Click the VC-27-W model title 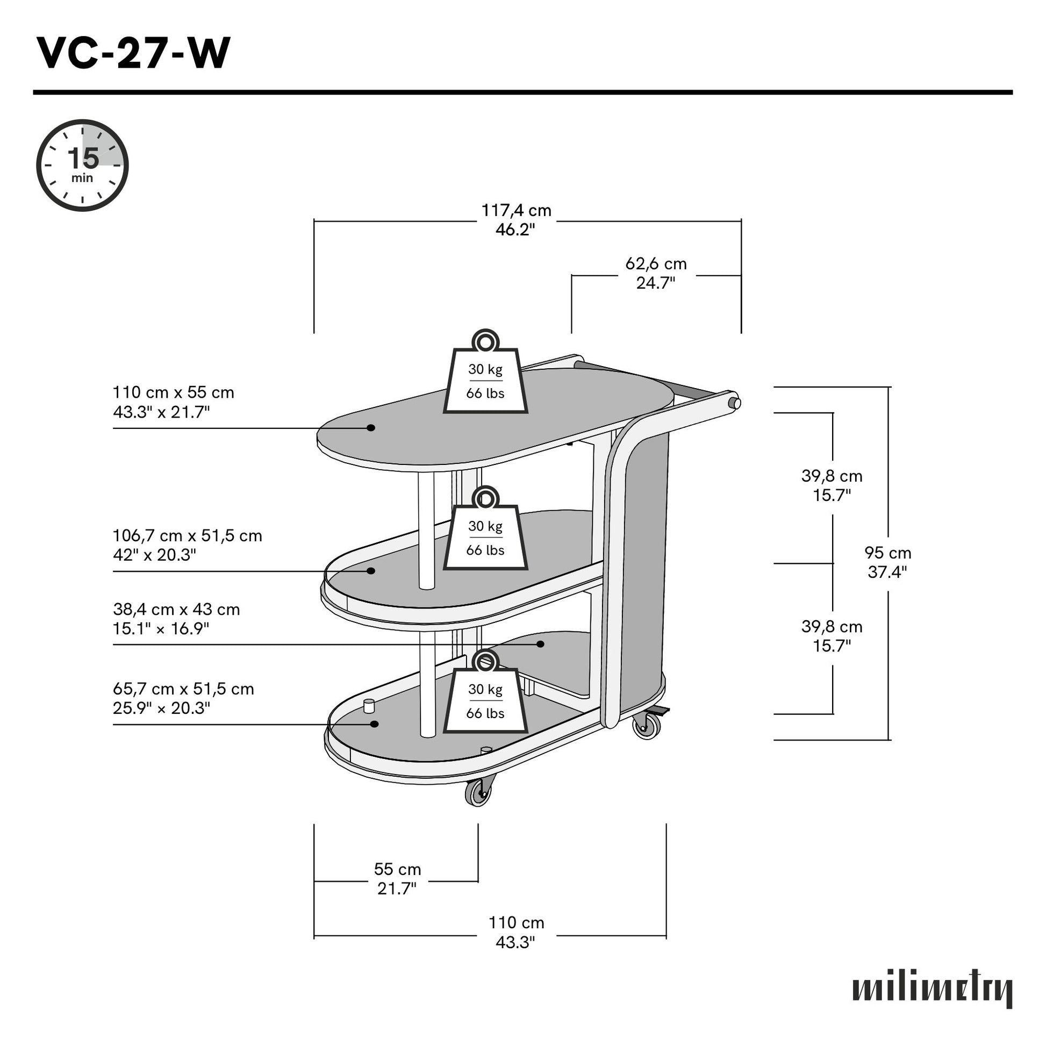point(133,54)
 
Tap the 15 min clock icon point(82,165)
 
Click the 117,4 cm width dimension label point(516,220)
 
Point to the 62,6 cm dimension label point(656,273)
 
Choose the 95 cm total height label point(887,562)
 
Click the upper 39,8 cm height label point(832,485)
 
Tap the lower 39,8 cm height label point(832,636)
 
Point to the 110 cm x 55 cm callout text point(173,402)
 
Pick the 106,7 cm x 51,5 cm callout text point(187,545)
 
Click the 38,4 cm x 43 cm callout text point(176,618)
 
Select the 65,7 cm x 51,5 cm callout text point(183,698)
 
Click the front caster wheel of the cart point(478,793)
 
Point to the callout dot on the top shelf point(371,428)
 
